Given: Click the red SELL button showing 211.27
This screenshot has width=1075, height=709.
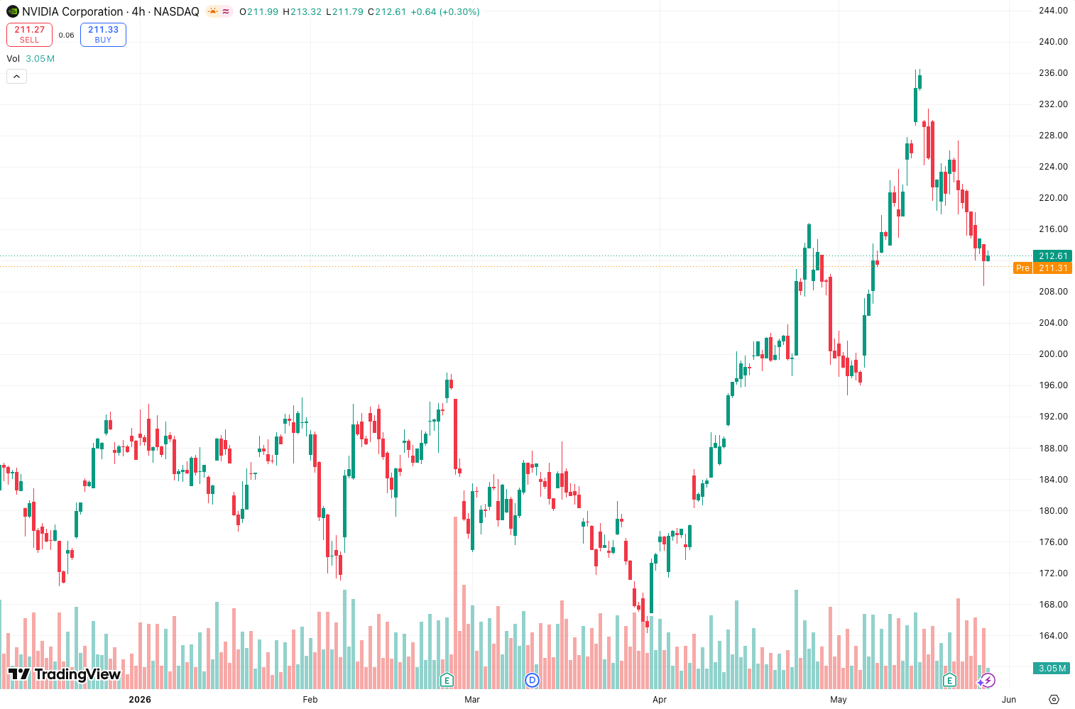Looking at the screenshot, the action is (29, 35).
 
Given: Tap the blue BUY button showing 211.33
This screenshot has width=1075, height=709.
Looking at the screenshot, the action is (103, 35).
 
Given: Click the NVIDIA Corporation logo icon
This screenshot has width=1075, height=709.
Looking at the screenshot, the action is (13, 11).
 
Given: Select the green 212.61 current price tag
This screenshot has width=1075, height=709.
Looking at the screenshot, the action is (1052, 255).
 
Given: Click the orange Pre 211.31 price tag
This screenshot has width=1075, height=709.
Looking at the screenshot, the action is (1042, 268).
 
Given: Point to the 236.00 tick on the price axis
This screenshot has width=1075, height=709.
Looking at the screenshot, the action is (1053, 73).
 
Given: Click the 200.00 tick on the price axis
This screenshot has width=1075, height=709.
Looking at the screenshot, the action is (1053, 354).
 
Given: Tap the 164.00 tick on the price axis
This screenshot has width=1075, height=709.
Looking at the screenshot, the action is (1053, 636).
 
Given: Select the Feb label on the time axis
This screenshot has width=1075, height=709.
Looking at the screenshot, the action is (310, 699).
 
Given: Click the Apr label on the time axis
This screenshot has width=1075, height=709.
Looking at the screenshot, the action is (660, 699).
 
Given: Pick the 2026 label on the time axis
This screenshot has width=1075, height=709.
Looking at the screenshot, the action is (140, 699).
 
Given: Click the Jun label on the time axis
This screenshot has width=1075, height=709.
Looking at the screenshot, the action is (1009, 699).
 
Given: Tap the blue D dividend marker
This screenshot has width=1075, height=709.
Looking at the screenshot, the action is (532, 680).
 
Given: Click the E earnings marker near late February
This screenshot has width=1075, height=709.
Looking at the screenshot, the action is (447, 680).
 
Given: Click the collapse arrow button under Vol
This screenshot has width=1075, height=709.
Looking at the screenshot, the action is (17, 76).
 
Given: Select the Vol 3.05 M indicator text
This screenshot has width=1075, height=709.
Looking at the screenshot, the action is (31, 58).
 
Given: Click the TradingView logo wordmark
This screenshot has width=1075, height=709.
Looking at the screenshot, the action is (65, 674).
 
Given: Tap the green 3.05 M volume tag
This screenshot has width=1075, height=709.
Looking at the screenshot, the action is (1052, 669).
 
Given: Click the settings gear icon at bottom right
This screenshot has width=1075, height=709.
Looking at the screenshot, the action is (1054, 699).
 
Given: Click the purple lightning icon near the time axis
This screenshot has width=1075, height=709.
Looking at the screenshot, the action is (987, 680).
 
